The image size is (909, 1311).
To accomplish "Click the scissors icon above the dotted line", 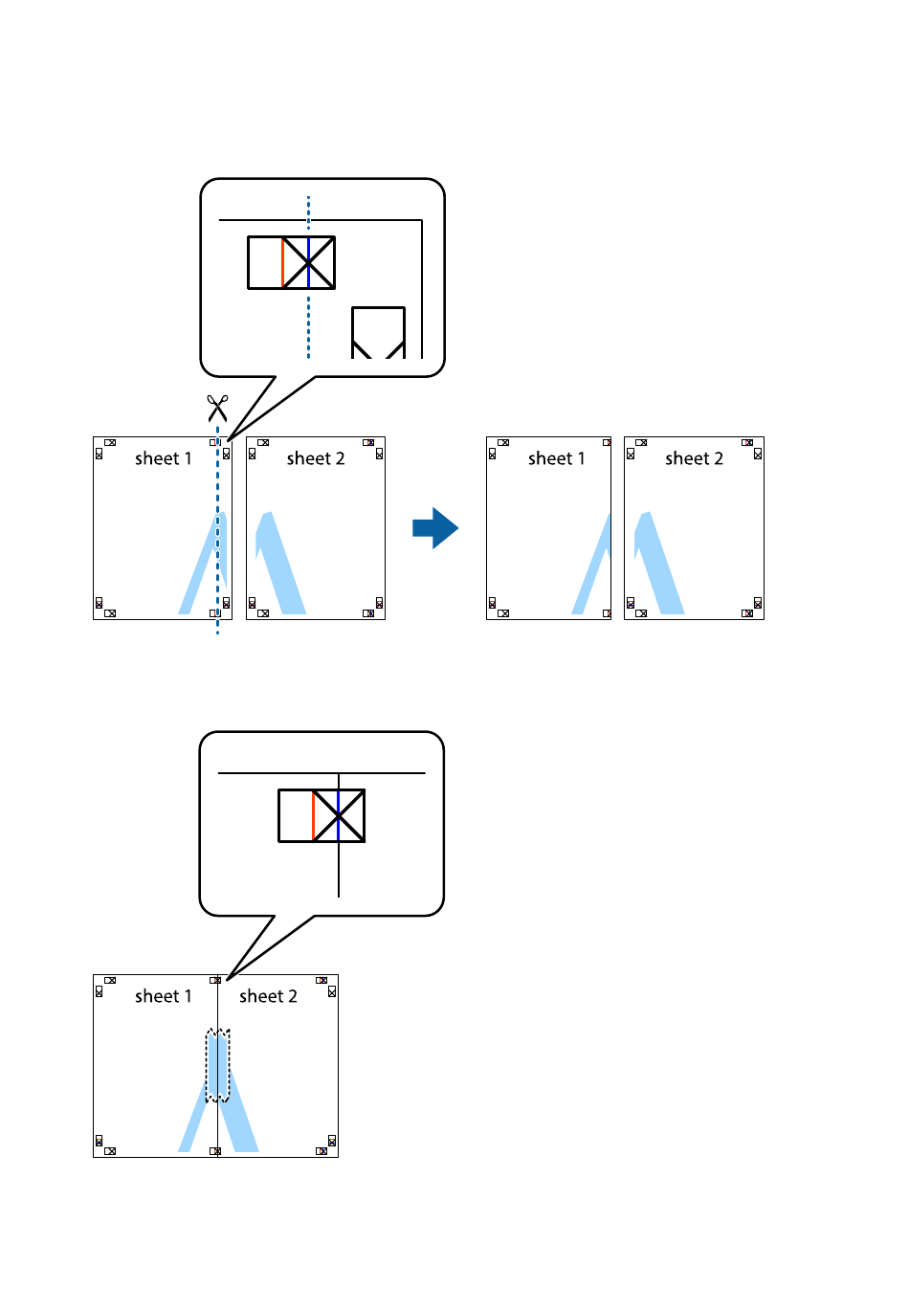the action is point(217,408).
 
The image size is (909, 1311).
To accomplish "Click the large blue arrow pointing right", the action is point(435,528).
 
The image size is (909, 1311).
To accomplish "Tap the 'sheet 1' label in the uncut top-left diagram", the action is point(164,458).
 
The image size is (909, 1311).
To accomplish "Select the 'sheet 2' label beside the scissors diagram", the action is point(316,458).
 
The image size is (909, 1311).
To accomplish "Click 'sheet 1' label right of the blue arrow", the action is point(557,458).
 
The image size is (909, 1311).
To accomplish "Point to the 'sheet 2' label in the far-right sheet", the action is point(694,458).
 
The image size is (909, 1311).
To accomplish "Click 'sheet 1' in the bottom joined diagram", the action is point(164,995).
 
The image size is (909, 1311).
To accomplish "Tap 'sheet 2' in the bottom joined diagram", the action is point(268,995).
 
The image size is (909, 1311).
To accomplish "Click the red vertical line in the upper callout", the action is point(282,262).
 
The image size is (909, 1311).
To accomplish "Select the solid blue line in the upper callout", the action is point(308,262).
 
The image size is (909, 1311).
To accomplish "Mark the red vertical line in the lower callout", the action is point(313,815).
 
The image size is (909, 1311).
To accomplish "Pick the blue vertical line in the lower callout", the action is point(339,815).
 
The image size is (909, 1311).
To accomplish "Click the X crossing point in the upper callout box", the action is point(308,263).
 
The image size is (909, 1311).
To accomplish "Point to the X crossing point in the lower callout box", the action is point(339,815).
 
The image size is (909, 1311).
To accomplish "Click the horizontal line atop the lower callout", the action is point(321,773).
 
